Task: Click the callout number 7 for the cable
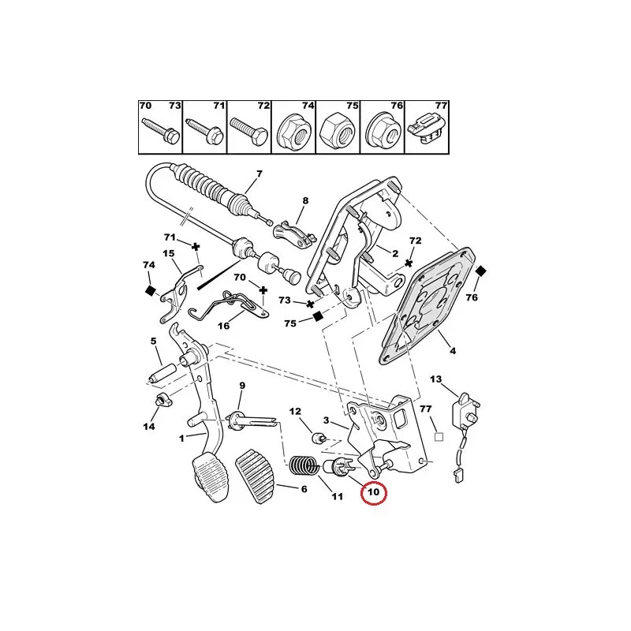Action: click(259, 174)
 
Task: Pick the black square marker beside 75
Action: click(317, 315)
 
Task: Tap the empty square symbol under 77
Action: click(440, 434)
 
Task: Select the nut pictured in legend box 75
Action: click(338, 132)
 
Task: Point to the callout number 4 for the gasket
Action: click(453, 349)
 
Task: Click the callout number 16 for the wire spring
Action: click(224, 325)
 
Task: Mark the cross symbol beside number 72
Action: click(409, 262)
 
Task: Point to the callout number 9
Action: click(243, 386)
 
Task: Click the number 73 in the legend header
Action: click(174, 106)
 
